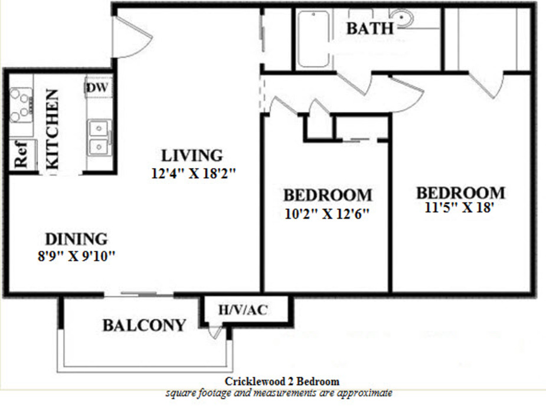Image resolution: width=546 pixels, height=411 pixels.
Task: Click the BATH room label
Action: click(370, 28)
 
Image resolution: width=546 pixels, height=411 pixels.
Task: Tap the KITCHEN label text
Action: click(52, 130)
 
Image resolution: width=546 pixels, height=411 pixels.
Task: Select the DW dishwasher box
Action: click(97, 87)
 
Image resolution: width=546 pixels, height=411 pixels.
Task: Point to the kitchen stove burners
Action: click(21, 104)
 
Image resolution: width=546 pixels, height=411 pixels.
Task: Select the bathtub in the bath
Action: click(313, 40)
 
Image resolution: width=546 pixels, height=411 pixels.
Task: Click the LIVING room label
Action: click(192, 156)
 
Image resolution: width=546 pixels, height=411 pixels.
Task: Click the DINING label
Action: click(77, 239)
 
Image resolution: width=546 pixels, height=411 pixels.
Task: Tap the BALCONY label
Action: click(144, 325)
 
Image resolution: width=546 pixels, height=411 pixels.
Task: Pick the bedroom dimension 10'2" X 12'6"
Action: click(327, 213)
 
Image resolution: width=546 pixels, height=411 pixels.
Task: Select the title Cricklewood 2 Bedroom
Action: click(282, 382)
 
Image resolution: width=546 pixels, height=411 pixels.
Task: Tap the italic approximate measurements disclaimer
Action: click(279, 392)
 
